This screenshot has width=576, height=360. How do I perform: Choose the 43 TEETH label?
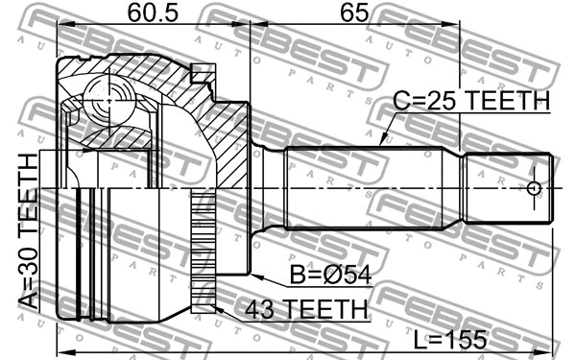[305, 309]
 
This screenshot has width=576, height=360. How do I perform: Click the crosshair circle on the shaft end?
[536, 188]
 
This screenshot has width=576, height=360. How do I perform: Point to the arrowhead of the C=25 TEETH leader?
[381, 143]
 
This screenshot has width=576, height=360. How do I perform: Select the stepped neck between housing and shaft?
[269, 188]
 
